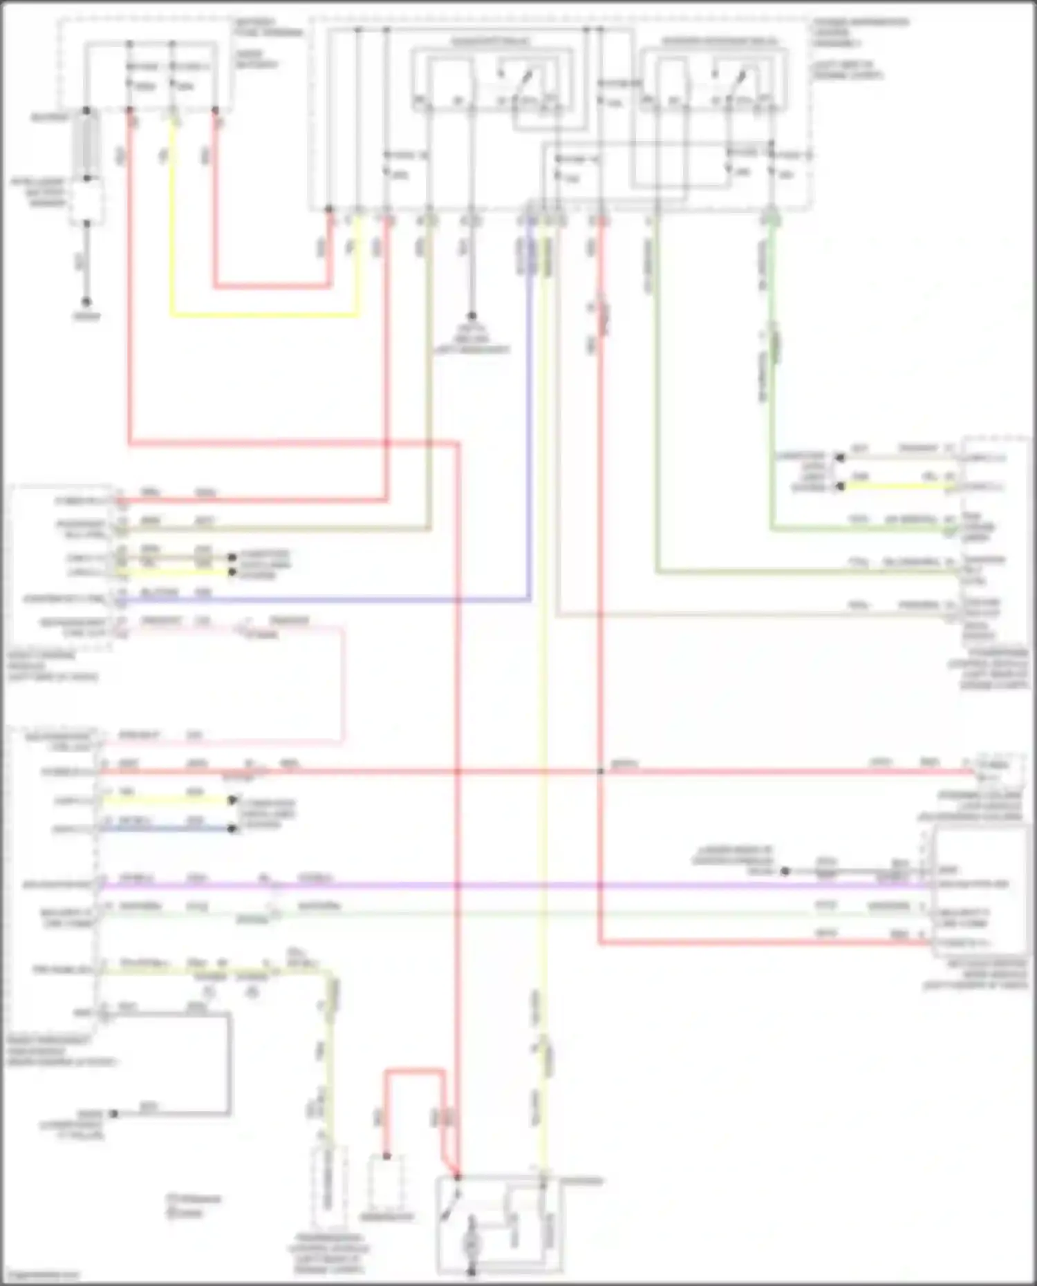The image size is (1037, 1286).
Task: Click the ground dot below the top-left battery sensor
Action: [86, 302]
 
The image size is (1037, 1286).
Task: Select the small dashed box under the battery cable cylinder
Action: [86, 201]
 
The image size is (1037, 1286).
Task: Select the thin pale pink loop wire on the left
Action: [342, 684]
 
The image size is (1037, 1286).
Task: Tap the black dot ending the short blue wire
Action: [233, 829]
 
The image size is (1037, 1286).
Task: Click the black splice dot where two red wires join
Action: [600, 771]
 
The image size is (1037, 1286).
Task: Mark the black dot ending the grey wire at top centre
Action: [472, 316]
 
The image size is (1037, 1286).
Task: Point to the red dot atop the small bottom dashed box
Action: [386, 1156]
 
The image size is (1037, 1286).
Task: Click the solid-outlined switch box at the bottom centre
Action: [499, 1224]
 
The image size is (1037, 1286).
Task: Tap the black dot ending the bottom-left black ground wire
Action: [115, 1114]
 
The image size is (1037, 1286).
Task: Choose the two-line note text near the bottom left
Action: [193, 1205]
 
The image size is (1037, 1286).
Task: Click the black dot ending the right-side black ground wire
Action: [785, 871]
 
